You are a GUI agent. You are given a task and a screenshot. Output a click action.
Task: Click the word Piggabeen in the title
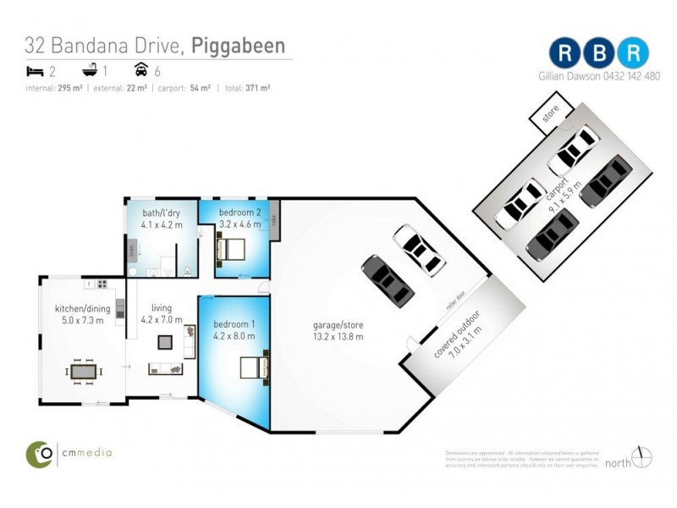238,45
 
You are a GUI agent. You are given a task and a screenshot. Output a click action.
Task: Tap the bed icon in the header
35,70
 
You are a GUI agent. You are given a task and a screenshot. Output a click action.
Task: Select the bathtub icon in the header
87,70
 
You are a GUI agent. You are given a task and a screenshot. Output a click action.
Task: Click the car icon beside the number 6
141,70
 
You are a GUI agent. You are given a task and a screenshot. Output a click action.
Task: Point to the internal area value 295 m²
69,87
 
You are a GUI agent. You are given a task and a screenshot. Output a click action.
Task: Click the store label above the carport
551,114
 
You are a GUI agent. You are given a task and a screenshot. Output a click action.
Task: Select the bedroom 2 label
239,212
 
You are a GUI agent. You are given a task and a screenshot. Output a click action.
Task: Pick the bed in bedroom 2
231,250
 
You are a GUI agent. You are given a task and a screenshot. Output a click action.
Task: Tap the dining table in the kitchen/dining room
84,371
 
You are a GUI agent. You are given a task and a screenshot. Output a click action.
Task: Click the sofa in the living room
164,368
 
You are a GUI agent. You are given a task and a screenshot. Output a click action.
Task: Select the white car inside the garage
419,250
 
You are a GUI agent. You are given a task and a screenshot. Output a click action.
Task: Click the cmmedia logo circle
39,454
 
